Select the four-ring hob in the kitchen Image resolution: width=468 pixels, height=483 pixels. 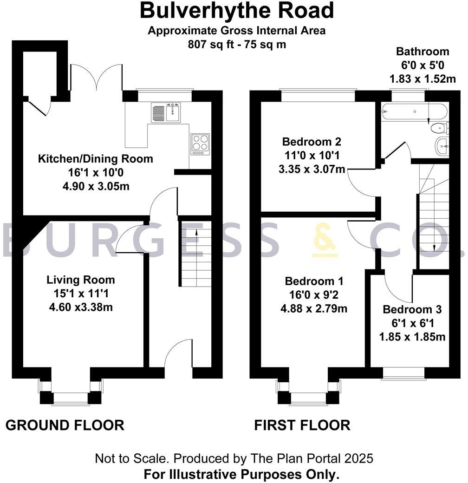pyautogui.click(x=200, y=144)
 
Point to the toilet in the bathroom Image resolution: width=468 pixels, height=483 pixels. pyautogui.click(x=439, y=128)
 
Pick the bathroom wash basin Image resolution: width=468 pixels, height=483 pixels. pyautogui.click(x=442, y=146)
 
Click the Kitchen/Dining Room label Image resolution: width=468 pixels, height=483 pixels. pyautogui.click(x=95, y=159)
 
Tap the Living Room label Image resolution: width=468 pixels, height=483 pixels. pyautogui.click(x=80, y=280)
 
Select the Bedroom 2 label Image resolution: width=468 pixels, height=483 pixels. pyautogui.click(x=312, y=141)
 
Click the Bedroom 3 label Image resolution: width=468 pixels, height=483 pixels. pyautogui.click(x=412, y=309)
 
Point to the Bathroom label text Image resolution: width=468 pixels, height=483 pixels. pyautogui.click(x=422, y=52)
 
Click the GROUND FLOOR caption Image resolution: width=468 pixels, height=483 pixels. pyautogui.click(x=65, y=425)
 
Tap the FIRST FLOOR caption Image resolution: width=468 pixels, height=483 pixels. pyautogui.click(x=302, y=425)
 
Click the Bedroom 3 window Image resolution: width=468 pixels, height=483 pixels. pyautogui.click(x=403, y=373)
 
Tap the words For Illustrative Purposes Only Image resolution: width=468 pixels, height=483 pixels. pyautogui.click(x=241, y=475)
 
